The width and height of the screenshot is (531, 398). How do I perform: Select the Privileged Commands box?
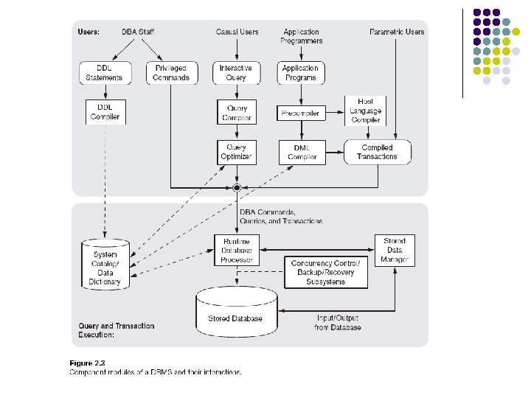pyautogui.click(x=171, y=72)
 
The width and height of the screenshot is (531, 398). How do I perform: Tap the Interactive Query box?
pyautogui.click(x=236, y=72)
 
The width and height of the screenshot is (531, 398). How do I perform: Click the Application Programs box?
pyautogui.click(x=300, y=72)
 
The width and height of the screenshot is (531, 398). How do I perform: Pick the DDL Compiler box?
pyautogui.click(x=104, y=112)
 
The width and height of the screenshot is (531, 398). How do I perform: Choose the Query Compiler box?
pyautogui.click(x=236, y=112)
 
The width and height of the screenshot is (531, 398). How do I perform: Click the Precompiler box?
pyautogui.click(x=300, y=114)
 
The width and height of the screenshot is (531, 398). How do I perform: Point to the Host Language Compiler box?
pyautogui.click(x=366, y=110)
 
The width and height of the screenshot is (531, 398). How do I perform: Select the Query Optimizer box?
pyautogui.click(x=236, y=152)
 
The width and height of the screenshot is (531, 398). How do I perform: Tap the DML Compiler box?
pyautogui.click(x=300, y=152)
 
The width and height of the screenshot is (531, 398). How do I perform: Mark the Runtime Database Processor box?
pyautogui.click(x=236, y=250)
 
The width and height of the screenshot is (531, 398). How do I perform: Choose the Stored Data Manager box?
pyautogui.click(x=395, y=251)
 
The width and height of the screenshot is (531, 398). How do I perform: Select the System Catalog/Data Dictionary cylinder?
pyautogui.click(x=105, y=263)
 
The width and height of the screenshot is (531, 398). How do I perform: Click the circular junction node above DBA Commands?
pyautogui.click(x=236, y=189)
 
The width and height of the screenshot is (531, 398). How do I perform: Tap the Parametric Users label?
pyautogui.click(x=396, y=32)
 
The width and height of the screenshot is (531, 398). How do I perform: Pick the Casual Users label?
pyautogui.click(x=237, y=32)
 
